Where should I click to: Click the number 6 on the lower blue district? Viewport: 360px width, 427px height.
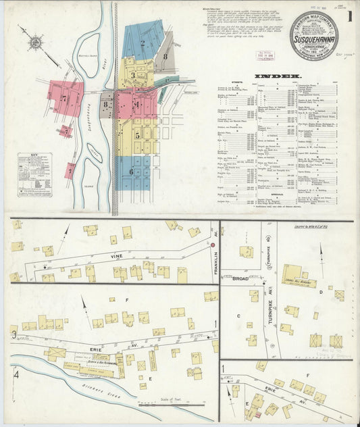[130, 172]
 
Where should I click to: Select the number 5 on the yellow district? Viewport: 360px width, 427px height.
[137, 134]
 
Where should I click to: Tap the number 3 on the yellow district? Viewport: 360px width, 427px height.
[133, 74]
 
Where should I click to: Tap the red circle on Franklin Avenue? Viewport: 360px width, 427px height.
[212, 244]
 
